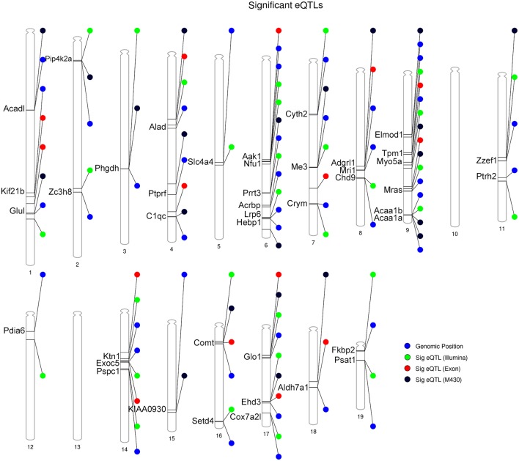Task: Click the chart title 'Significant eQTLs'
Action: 259,7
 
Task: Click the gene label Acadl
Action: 14,109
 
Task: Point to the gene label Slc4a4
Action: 201,162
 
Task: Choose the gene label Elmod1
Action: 389,135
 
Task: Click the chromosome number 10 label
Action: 454,234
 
